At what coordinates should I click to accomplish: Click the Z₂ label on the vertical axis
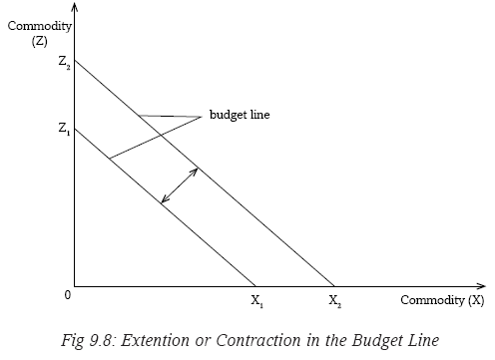(64, 62)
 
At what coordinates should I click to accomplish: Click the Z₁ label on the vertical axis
(64, 129)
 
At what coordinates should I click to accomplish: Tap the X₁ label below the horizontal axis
(257, 301)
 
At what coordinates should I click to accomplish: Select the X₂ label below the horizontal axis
(335, 301)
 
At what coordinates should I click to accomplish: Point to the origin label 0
(68, 295)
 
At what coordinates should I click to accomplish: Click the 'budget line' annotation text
(240, 115)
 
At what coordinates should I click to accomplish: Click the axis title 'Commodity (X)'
(442, 300)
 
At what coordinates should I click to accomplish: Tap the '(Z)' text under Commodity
(40, 41)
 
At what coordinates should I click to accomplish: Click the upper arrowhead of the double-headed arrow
(195, 171)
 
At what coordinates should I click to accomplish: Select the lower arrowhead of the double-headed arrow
(165, 199)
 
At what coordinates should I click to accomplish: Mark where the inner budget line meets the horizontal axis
(255, 286)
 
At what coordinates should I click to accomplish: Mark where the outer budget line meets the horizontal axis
(334, 286)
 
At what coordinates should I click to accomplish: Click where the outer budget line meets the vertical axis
(75, 60)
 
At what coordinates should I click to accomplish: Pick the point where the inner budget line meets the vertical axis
(75, 129)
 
